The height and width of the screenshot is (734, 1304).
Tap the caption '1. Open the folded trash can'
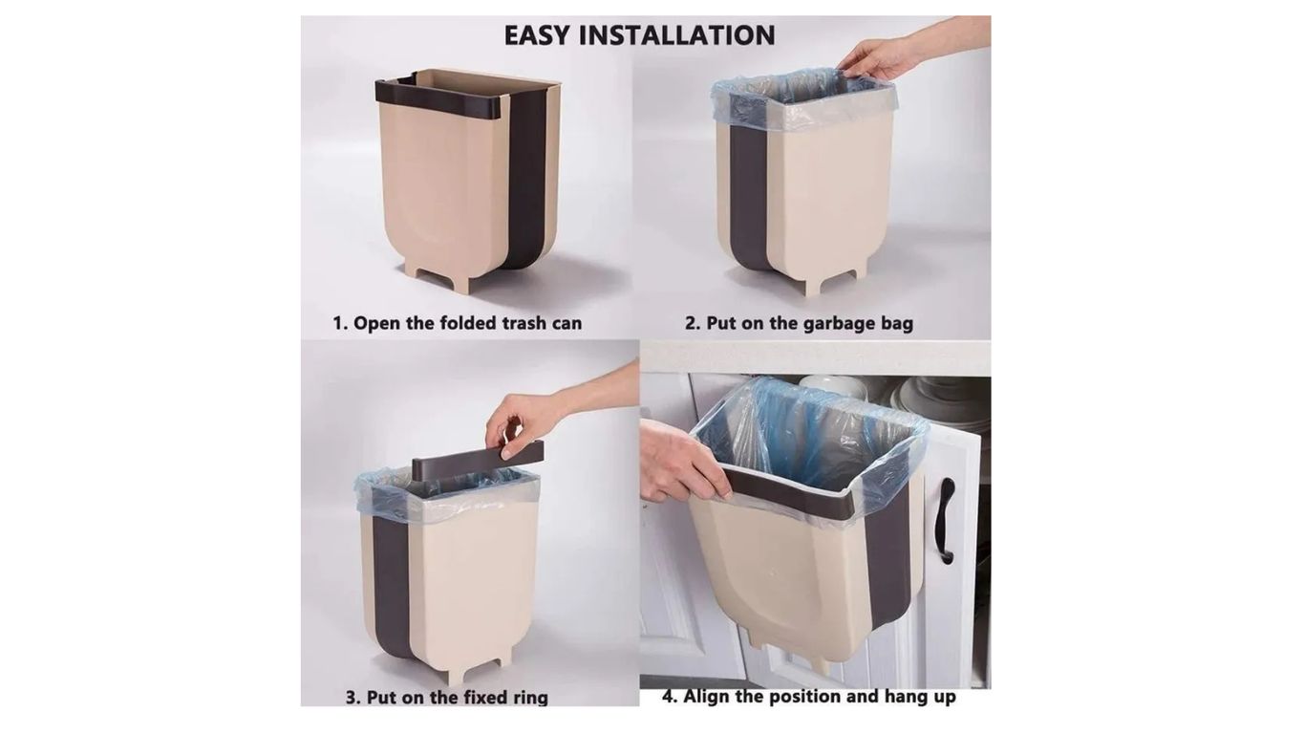(x=457, y=323)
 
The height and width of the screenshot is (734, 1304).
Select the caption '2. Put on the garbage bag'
(x=800, y=323)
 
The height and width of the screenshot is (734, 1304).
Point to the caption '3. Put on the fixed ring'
(x=447, y=698)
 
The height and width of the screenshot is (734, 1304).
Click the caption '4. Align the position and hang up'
(x=808, y=697)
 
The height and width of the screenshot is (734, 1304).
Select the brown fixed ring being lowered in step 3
(x=478, y=457)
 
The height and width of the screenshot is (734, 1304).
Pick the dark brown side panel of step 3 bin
(x=392, y=583)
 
